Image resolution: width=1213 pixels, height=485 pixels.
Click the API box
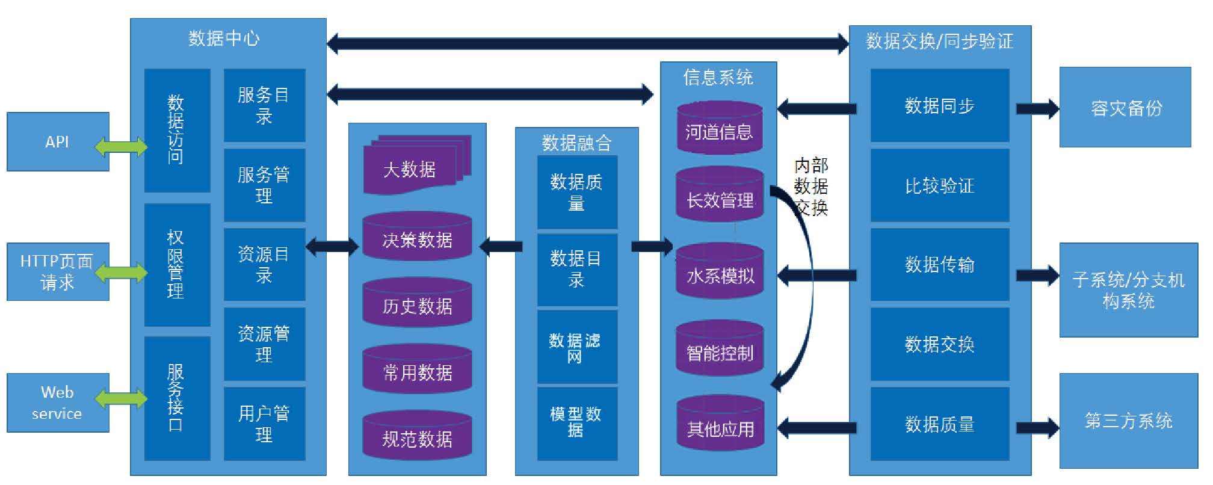click(58, 142)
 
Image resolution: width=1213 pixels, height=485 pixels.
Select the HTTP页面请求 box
click(58, 272)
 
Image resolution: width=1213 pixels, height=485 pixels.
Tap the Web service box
click(58, 403)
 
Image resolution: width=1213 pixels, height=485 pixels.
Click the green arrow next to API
click(121, 146)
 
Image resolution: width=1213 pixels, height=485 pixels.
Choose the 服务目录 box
click(264, 105)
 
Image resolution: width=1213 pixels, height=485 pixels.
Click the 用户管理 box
click(264, 424)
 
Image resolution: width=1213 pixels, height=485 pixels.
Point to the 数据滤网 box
click(576, 347)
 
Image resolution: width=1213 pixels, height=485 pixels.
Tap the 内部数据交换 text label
click(810, 187)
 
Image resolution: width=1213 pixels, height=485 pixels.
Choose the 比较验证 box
click(939, 185)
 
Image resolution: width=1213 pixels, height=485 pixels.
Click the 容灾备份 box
click(1125, 107)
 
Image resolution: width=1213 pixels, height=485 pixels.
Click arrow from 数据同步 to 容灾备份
click(1037, 109)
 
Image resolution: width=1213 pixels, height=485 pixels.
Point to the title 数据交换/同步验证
click(939, 41)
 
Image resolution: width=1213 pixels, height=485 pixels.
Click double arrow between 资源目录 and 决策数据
click(332, 246)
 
